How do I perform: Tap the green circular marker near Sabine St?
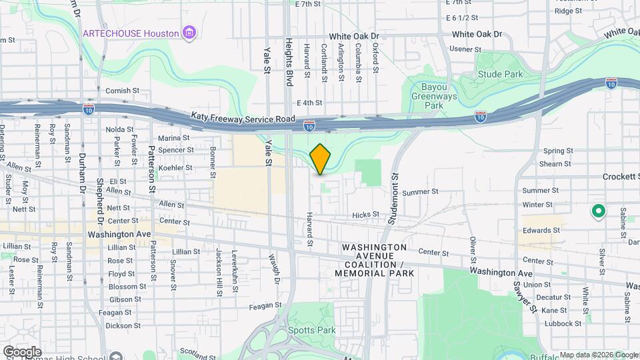coord(599,212)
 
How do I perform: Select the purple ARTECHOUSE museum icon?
coord(190,33)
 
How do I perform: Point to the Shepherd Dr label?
coord(101,204)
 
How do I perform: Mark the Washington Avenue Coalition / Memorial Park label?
coord(374,260)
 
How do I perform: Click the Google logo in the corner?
coord(22,351)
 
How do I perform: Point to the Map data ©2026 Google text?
coord(598,355)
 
